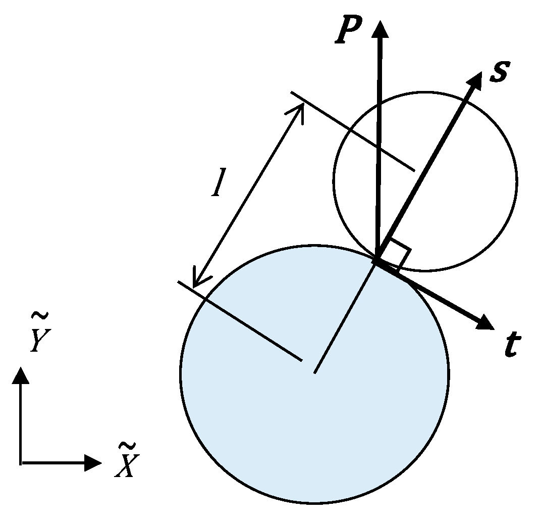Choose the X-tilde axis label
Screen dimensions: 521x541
(x=125, y=460)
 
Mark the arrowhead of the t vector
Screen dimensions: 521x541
(x=485, y=322)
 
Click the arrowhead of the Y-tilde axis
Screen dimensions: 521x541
(x=21, y=375)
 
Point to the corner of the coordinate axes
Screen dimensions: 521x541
(x=21, y=462)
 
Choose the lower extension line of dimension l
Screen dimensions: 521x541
(x=240, y=321)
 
